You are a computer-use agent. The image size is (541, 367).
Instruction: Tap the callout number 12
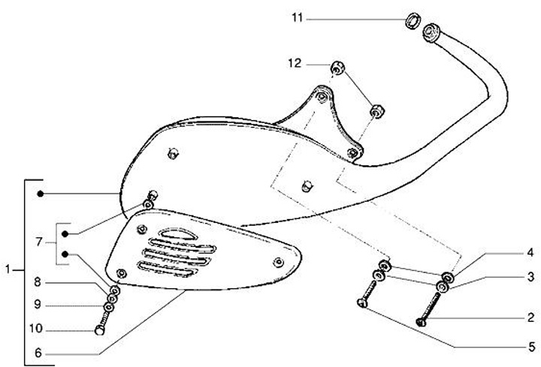(x=295, y=65)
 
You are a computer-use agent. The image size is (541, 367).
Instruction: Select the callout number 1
(x=8, y=269)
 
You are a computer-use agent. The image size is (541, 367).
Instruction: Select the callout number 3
(x=530, y=277)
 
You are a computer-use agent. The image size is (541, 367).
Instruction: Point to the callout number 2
(x=530, y=317)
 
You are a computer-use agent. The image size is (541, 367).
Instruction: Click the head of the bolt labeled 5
(x=361, y=303)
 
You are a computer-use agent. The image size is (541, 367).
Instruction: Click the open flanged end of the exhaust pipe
(x=431, y=32)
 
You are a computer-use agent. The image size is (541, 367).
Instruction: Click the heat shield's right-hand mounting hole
(x=279, y=261)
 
